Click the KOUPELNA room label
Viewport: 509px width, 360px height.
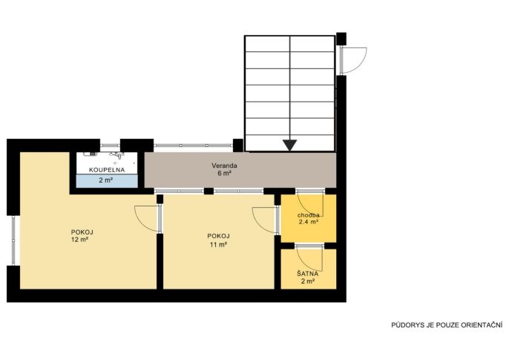107,170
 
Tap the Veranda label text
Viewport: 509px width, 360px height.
224,166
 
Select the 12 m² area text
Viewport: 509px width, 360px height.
80,240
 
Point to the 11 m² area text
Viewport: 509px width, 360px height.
218,244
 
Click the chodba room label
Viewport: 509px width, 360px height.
309,215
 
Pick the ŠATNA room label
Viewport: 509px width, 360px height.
307,274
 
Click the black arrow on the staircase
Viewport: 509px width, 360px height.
289,145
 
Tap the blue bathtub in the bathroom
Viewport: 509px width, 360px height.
107,181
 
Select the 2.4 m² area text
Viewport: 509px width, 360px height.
309,223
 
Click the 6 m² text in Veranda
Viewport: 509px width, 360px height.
224,174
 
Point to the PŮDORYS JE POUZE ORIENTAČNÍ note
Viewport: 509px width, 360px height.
447,325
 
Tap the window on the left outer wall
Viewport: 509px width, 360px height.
13,240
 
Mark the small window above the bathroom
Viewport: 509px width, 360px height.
110,145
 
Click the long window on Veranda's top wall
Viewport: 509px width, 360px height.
193,145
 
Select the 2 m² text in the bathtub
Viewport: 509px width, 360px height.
106,180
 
